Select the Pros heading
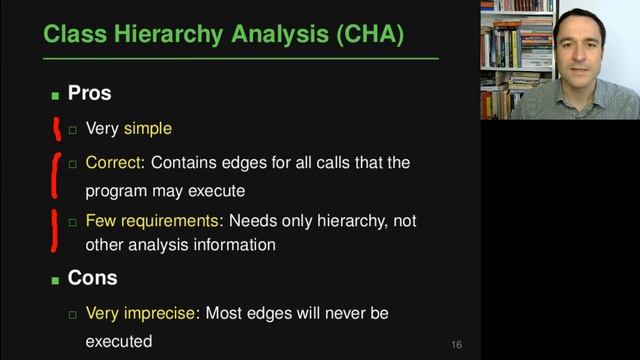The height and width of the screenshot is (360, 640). coord(89,94)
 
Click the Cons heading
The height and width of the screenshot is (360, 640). coord(92,278)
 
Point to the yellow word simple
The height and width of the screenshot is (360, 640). coord(148,129)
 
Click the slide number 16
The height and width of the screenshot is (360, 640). coord(456,345)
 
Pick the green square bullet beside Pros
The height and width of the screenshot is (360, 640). coord(56,96)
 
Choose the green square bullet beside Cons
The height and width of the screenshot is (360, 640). coord(56,280)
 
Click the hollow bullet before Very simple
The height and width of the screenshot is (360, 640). coord(72,130)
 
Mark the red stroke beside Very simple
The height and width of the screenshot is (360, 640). coord(57,128)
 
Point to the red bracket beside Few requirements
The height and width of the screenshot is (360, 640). coord(54,229)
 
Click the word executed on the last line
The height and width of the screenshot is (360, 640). coord(118,341)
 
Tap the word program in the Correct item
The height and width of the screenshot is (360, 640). coord(114,190)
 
